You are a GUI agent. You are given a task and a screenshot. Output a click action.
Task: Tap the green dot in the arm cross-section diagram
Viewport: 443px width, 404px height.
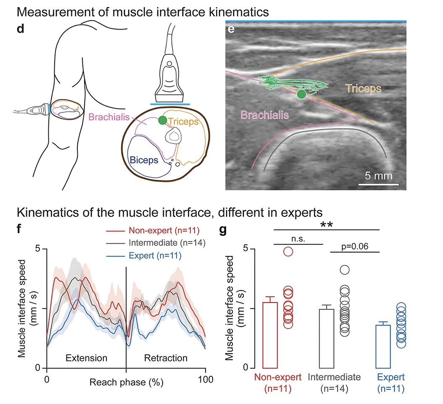tap(163, 121)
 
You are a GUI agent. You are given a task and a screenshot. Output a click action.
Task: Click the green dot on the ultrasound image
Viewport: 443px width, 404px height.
tap(301, 94)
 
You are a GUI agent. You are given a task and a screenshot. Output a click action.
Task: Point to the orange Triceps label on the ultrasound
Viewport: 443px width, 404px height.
tap(364, 90)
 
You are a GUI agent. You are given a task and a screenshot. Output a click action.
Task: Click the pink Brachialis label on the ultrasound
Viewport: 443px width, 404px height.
tap(263, 114)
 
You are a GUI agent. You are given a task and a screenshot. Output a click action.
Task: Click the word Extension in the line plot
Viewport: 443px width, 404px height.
tap(86, 358)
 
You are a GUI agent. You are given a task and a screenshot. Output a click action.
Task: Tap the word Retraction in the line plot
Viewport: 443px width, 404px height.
tap(166, 358)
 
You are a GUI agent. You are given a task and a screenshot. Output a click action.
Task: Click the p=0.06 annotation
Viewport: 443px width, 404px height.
tap(355, 247)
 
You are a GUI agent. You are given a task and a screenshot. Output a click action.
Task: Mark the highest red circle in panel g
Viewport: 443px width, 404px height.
tap(288, 252)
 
